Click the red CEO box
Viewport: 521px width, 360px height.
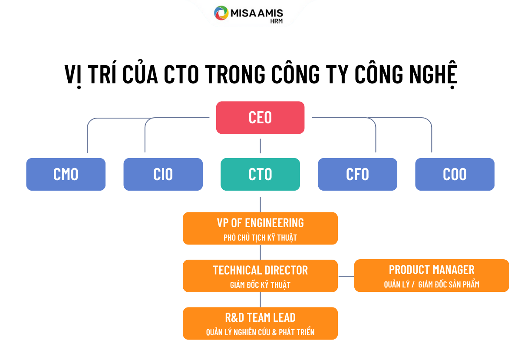click(260, 118)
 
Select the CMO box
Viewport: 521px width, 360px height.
click(66, 174)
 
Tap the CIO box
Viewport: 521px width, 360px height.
click(163, 174)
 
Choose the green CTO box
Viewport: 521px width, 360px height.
click(260, 174)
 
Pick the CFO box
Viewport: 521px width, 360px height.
click(357, 174)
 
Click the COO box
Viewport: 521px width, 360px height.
click(455, 174)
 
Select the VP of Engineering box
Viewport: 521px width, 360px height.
click(260, 228)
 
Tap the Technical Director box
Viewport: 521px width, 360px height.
click(260, 276)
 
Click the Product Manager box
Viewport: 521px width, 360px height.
click(432, 275)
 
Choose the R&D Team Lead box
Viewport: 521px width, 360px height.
click(260, 324)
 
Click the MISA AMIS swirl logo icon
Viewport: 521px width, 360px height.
click(221, 13)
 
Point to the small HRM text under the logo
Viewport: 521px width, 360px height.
click(276, 21)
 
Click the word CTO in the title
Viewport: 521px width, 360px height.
click(181, 74)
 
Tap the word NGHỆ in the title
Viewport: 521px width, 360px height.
click(433, 74)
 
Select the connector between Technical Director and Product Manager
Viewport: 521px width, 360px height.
click(346, 277)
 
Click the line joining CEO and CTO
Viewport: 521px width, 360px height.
click(260, 146)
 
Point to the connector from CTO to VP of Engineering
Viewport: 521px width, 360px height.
click(260, 204)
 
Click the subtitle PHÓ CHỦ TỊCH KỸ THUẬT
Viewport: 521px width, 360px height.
click(260, 238)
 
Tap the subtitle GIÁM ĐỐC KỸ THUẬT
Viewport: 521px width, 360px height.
click(260, 285)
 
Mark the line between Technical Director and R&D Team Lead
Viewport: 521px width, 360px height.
click(260, 300)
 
